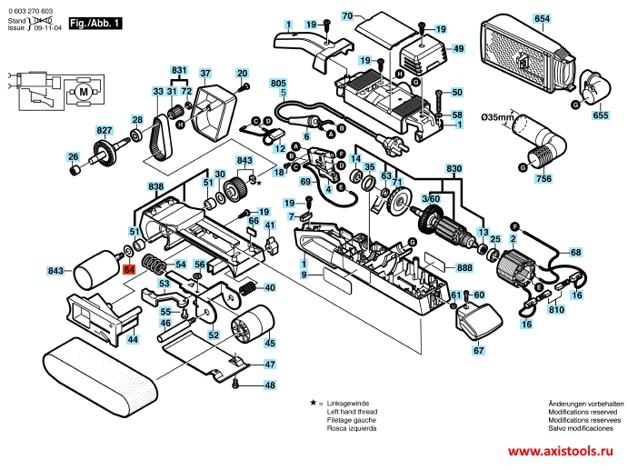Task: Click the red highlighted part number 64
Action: [129, 270]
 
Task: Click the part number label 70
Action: [346, 16]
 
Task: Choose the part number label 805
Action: [278, 84]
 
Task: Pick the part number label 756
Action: [543, 181]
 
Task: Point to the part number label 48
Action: [269, 385]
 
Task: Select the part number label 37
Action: [205, 73]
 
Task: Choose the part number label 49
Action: [458, 48]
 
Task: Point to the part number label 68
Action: [575, 253]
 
